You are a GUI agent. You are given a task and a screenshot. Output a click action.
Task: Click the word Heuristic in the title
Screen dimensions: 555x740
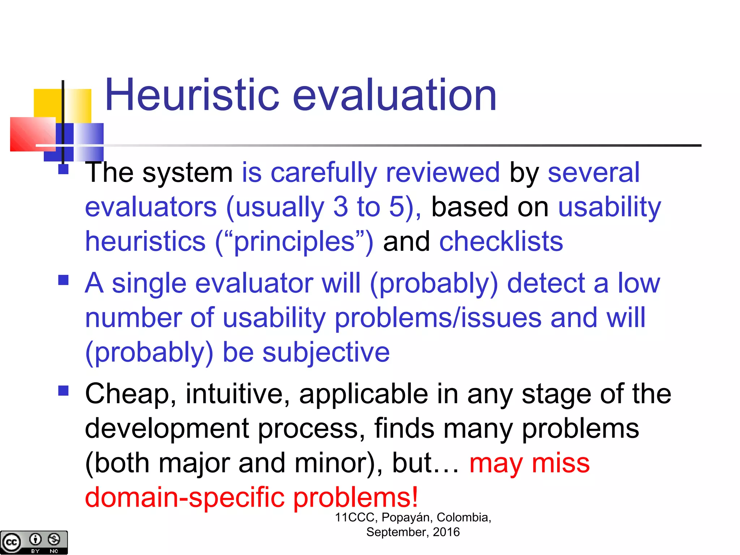point(192,95)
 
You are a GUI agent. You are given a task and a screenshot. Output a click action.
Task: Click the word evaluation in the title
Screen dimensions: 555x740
point(394,95)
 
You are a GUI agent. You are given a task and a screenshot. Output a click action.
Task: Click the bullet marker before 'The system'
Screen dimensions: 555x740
point(63,169)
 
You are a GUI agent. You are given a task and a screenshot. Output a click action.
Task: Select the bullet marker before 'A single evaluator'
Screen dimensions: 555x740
point(63,280)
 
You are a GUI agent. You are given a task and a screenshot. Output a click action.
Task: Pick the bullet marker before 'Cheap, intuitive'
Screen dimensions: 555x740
point(63,391)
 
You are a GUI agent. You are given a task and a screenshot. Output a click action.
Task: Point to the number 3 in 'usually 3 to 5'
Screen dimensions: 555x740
point(340,207)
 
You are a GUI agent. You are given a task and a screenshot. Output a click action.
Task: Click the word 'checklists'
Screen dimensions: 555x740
point(501,241)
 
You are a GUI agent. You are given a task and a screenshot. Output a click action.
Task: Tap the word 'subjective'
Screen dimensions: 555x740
point(326,353)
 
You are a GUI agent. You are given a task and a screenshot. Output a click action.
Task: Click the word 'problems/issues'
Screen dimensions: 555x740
point(438,318)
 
